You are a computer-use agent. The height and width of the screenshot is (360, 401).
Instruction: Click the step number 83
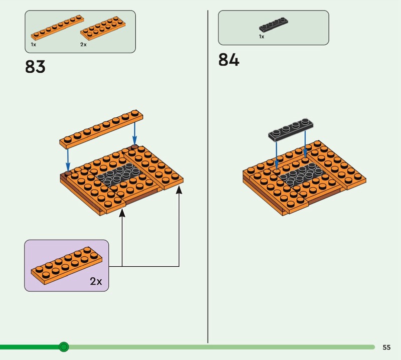point(35,66)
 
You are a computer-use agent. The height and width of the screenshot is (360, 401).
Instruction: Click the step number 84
point(229,60)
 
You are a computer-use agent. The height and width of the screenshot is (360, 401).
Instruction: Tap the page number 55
point(386,347)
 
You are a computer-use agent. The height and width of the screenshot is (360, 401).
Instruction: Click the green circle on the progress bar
point(64,346)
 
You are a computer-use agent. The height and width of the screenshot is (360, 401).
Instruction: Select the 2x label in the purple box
point(96,281)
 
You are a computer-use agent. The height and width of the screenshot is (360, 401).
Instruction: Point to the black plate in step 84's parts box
point(273,26)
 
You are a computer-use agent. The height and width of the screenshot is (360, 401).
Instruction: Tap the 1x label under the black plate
point(261,37)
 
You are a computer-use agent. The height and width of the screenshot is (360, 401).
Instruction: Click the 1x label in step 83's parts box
point(33,44)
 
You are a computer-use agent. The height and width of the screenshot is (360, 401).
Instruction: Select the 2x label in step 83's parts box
point(83,44)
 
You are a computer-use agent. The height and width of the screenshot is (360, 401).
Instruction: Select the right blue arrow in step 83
point(134,132)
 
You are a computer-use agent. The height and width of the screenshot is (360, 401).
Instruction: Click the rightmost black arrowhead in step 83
point(179,190)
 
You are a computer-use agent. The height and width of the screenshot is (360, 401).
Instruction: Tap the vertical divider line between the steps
point(208,175)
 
